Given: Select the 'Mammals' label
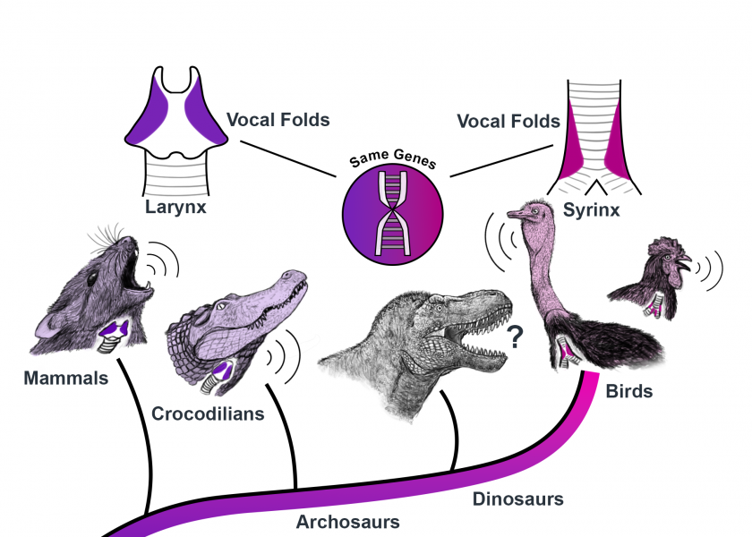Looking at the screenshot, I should pos(66,378).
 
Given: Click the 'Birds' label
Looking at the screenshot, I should pos(628,391).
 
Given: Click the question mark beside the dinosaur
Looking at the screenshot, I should pos(515,337).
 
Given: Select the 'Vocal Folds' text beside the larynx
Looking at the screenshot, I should pos(278,119).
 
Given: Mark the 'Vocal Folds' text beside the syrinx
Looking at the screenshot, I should pos(508,120).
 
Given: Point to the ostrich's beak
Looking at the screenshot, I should pos(518,214).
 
